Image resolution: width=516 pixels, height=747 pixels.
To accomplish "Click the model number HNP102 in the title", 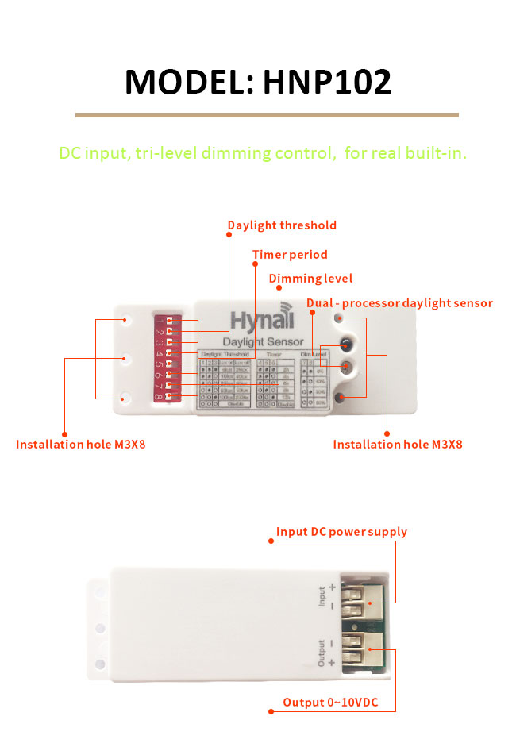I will coord(326,82).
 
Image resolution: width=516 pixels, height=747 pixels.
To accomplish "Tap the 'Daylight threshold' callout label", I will coord(282,225).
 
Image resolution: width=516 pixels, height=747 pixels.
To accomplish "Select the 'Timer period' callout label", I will coord(290,255).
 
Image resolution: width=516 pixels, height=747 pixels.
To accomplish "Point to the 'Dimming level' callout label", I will coord(310,279).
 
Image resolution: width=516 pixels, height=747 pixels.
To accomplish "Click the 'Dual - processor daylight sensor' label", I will coord(399,303).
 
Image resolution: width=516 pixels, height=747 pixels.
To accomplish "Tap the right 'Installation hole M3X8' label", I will coord(397,445).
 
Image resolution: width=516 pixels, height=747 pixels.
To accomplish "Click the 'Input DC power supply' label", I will coord(341,532).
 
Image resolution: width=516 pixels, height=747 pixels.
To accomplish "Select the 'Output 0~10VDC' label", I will coord(339,703).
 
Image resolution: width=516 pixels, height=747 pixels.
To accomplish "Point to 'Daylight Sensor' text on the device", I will coord(263,341).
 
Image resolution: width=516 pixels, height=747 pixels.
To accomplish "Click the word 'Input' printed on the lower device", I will coord(322,596).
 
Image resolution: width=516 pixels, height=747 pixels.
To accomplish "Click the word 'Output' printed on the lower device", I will coord(322,653).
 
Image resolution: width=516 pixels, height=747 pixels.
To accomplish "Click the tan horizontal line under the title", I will coord(267,115).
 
